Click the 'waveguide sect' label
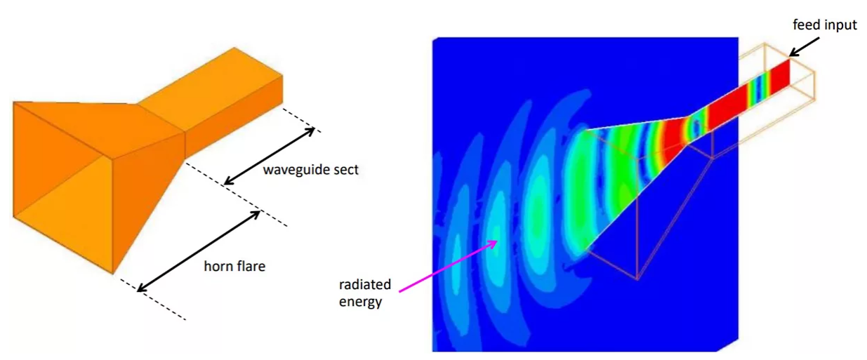tap(310, 170)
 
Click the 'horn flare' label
tap(234, 266)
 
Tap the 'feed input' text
tap(825, 25)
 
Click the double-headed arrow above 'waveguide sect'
tap(269, 156)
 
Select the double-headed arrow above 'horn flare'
tap(199, 249)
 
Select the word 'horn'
tap(218, 266)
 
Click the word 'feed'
tap(807, 25)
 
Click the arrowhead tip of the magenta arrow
tap(498, 241)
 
